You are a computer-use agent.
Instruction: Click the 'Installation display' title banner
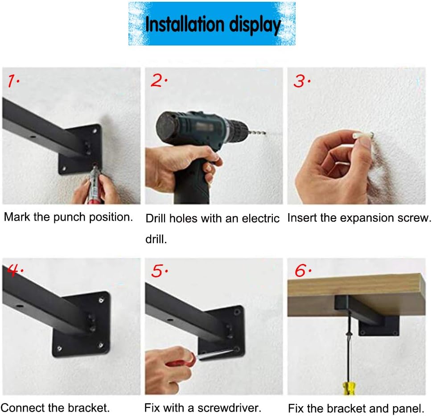212,24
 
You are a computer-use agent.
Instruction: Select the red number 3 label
299,82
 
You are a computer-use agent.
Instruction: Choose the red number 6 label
302,271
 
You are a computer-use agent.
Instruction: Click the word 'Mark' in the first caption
17,218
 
